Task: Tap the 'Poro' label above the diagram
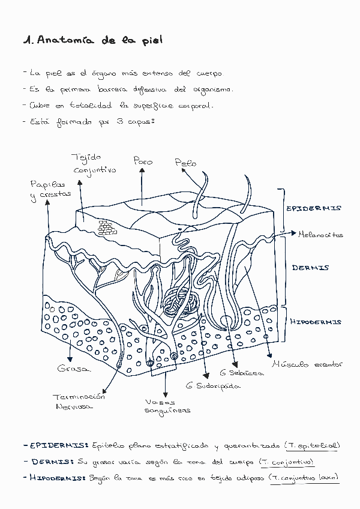(x=143, y=161)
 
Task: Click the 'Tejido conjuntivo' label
(x=94, y=163)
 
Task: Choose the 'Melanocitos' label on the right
(x=320, y=235)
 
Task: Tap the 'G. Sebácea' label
(x=241, y=373)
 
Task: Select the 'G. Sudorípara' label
(x=209, y=385)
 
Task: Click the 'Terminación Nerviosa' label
(x=78, y=401)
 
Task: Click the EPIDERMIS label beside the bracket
(x=313, y=208)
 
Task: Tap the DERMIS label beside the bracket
(x=310, y=268)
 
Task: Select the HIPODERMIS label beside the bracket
(x=316, y=322)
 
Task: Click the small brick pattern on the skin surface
(x=106, y=227)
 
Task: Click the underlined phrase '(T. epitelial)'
(x=312, y=445)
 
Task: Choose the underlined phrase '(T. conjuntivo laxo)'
(x=304, y=478)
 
